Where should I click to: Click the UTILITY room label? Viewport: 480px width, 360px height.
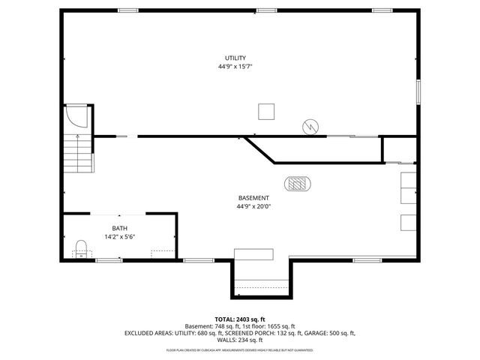tap(235, 58)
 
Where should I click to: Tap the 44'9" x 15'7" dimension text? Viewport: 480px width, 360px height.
tap(235, 67)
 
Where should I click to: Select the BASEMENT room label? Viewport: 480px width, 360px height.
tap(253, 198)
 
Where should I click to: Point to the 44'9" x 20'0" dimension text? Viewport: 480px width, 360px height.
tap(253, 206)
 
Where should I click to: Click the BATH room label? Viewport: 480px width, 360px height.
tap(120, 228)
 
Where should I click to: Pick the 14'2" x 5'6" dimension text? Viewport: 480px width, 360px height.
tap(120, 236)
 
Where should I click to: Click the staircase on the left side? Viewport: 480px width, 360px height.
tap(76, 153)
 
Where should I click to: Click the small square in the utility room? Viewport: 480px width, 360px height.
tap(266, 111)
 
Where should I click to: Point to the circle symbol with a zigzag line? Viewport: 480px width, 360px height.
tap(310, 127)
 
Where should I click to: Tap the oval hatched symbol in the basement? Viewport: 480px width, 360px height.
tap(298, 182)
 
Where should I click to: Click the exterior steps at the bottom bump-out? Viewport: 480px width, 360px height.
tap(262, 286)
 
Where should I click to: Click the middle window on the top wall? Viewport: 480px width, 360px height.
tap(266, 10)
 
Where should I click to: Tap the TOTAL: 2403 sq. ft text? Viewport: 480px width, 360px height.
tap(240, 319)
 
